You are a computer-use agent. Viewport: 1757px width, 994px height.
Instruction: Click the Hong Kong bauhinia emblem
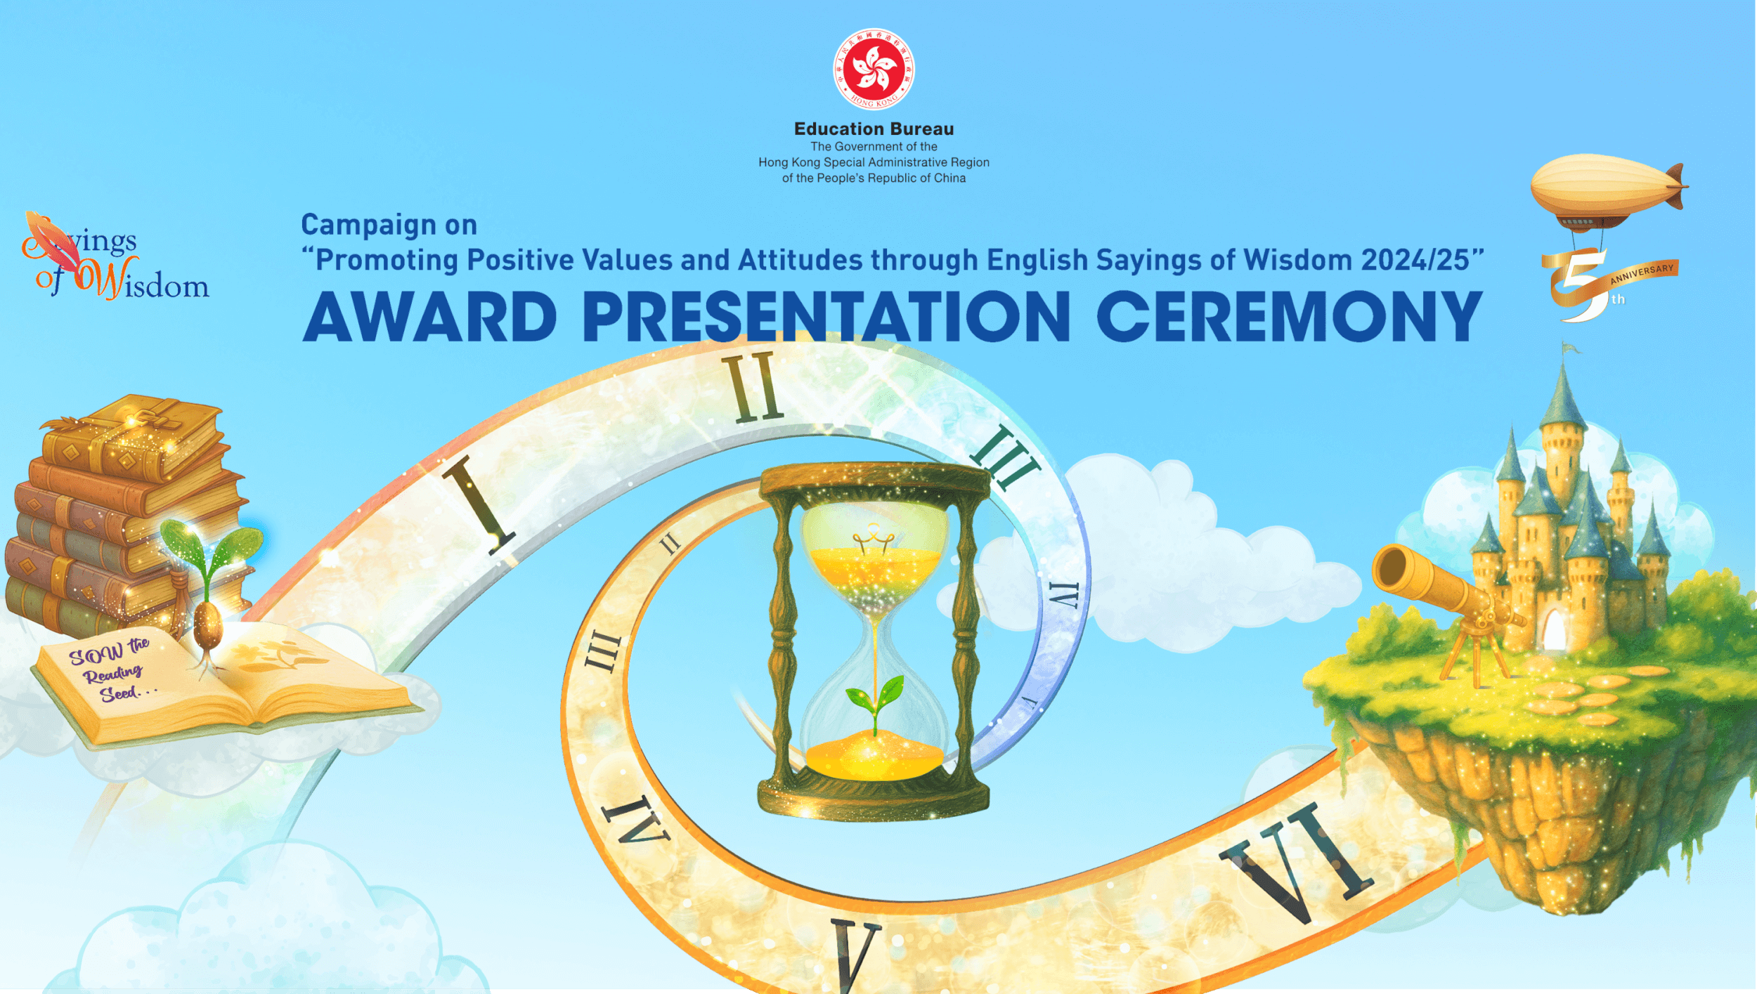[874, 69]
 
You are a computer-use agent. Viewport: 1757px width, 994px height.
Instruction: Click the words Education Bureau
[874, 129]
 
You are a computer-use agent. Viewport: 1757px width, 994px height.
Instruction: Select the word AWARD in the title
[429, 318]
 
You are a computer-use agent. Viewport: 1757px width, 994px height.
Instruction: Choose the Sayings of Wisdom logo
[116, 260]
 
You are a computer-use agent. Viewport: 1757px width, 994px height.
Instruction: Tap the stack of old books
[119, 513]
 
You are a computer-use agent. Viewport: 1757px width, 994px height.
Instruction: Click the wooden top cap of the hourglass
[874, 479]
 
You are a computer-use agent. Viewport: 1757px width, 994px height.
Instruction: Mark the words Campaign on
[389, 225]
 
